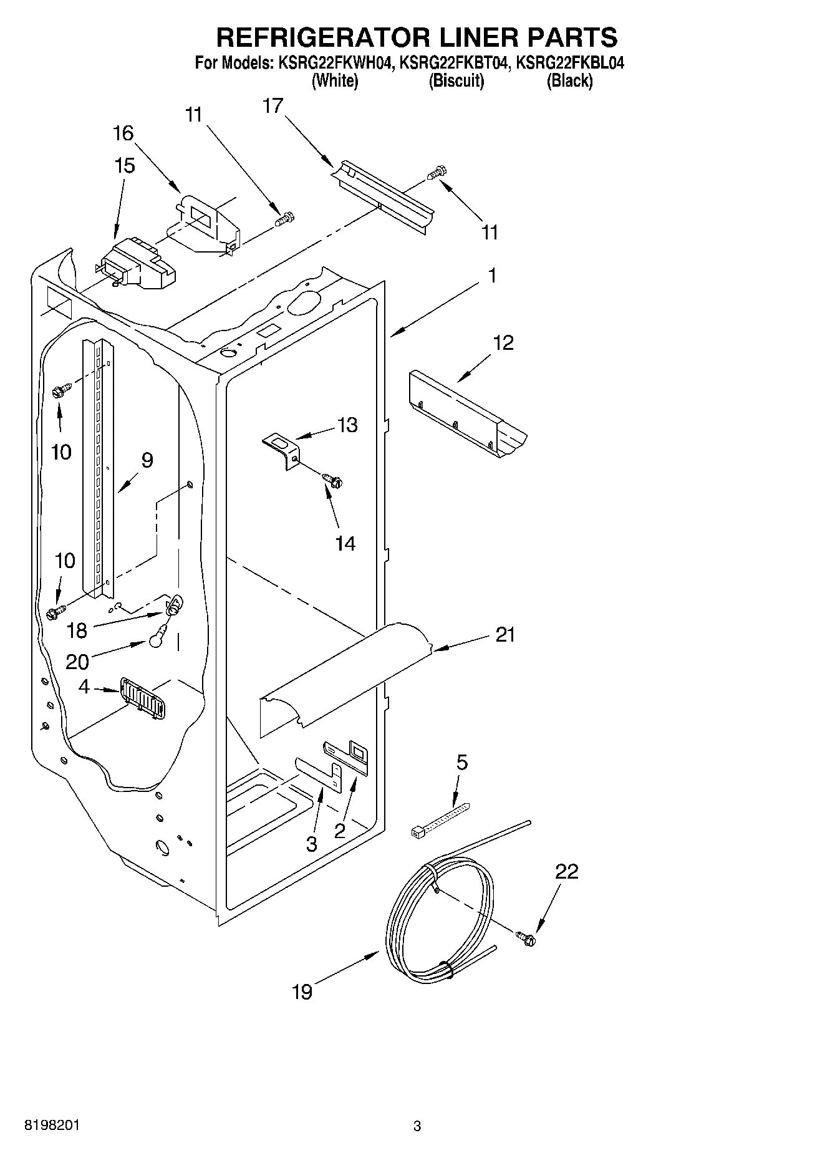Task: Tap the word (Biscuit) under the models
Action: [x=456, y=81]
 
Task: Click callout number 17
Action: [x=273, y=106]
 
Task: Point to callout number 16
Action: [x=123, y=133]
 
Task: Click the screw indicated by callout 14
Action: [x=333, y=480]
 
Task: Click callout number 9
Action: [x=147, y=461]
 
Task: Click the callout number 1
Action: [x=492, y=275]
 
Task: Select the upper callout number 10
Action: [x=61, y=451]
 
